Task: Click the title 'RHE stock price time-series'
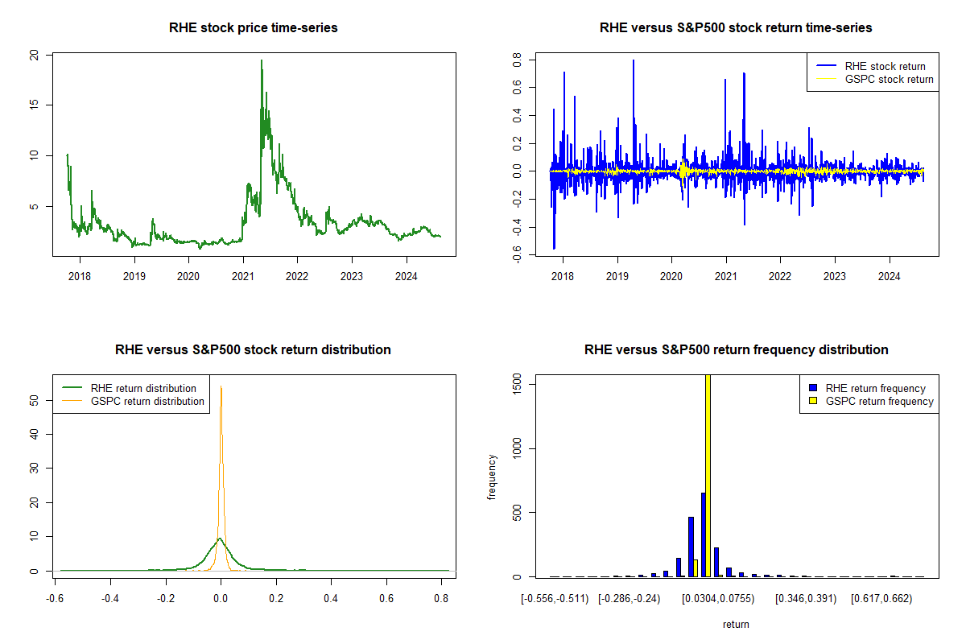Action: [254, 28]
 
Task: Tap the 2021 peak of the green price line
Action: [262, 61]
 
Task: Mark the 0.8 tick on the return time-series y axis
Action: [517, 60]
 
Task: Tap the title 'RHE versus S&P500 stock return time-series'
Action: [736, 28]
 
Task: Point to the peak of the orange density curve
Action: [221, 387]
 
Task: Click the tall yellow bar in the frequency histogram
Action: [708, 475]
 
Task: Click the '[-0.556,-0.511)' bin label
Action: [555, 600]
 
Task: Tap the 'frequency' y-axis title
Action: [492, 477]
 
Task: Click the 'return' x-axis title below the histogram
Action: [736, 624]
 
